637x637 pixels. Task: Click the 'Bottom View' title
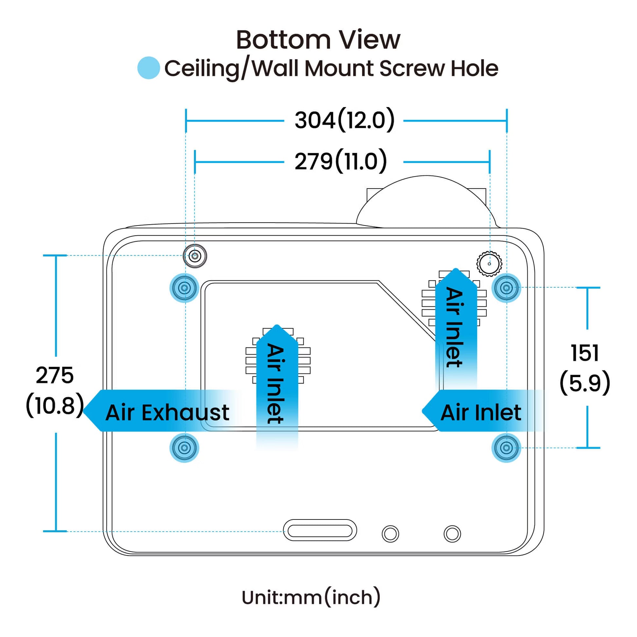pos(318,40)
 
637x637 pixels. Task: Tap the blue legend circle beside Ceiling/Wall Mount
pos(148,68)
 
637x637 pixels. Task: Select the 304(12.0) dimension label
pos(344,120)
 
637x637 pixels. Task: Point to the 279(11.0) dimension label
pos(340,161)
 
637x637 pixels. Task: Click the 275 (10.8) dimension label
pos(55,391)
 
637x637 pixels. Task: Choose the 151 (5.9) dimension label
pos(585,368)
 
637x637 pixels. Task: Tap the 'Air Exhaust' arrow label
pos(167,412)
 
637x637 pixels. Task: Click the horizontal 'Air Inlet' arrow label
pos(481,412)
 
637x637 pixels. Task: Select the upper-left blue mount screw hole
pos(184,288)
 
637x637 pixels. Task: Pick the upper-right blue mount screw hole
pos(506,288)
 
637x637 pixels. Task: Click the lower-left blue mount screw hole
pos(184,448)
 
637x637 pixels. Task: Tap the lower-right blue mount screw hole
pos(506,448)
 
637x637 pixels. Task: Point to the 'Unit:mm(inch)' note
pos(311,597)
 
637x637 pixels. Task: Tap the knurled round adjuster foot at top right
pos(489,264)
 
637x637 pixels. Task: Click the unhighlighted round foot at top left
pos(195,256)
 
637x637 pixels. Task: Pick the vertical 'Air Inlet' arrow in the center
pos(277,384)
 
